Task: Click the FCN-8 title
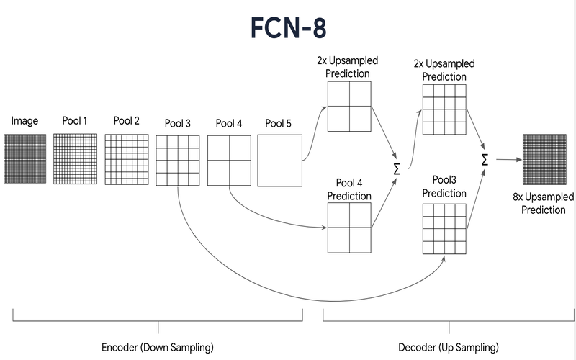[x=289, y=28]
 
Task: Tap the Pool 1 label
[x=75, y=120]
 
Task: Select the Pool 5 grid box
[x=280, y=161]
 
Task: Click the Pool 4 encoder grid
[x=229, y=161]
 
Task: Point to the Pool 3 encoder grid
[x=178, y=161]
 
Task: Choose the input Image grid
[x=25, y=158]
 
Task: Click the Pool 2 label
[x=127, y=120]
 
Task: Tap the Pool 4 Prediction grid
[x=349, y=228]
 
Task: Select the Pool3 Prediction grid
[x=444, y=229]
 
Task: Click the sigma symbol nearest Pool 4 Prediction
[x=397, y=169]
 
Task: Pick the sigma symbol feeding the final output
[x=485, y=160]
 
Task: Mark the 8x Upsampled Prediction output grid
[x=545, y=159]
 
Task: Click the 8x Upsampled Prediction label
[x=544, y=204]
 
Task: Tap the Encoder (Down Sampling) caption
[x=158, y=347]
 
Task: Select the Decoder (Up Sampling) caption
[x=449, y=347]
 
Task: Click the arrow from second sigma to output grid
[x=509, y=159]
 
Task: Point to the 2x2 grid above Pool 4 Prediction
[x=349, y=107]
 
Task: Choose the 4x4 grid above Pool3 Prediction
[x=444, y=109]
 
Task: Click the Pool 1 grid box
[x=76, y=158]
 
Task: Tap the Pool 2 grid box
[x=127, y=159]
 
